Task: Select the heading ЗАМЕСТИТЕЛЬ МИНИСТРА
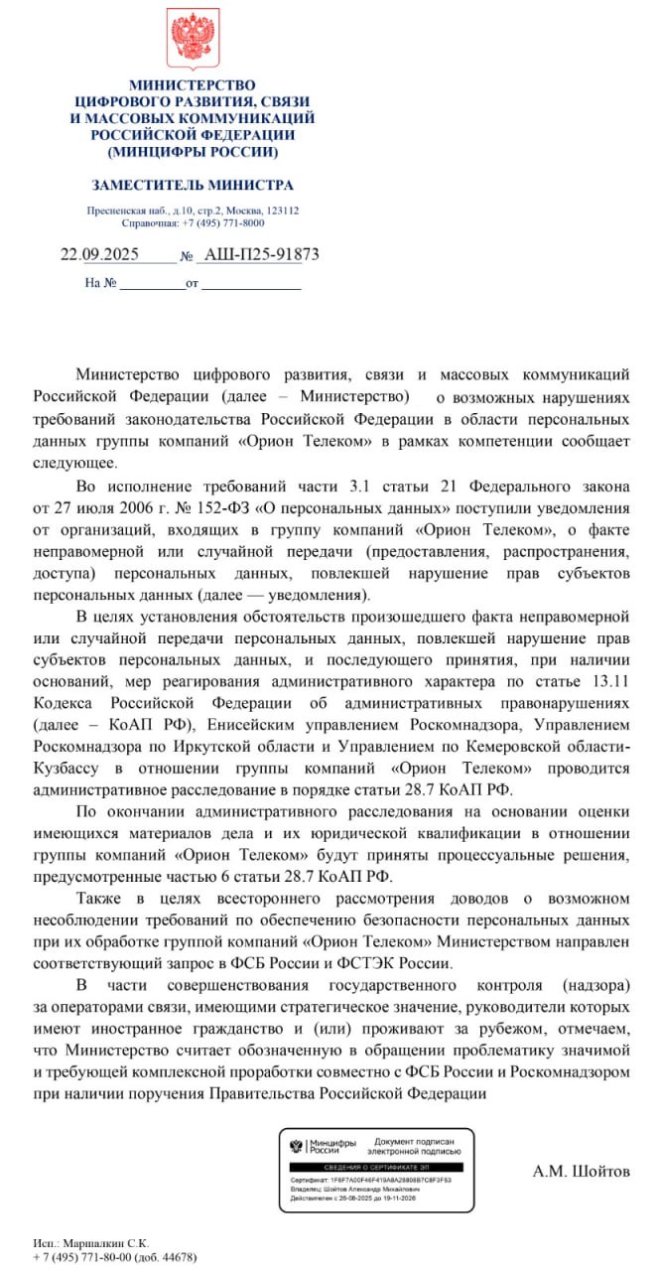coord(193,186)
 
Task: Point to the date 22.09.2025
coord(100,254)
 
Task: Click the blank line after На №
coord(151,284)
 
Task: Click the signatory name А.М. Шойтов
coord(582,1172)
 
